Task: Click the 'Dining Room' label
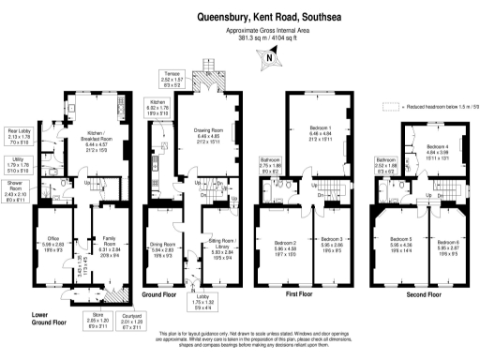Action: point(163,246)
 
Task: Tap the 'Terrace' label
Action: point(171,74)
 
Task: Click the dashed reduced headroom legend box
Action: point(390,107)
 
